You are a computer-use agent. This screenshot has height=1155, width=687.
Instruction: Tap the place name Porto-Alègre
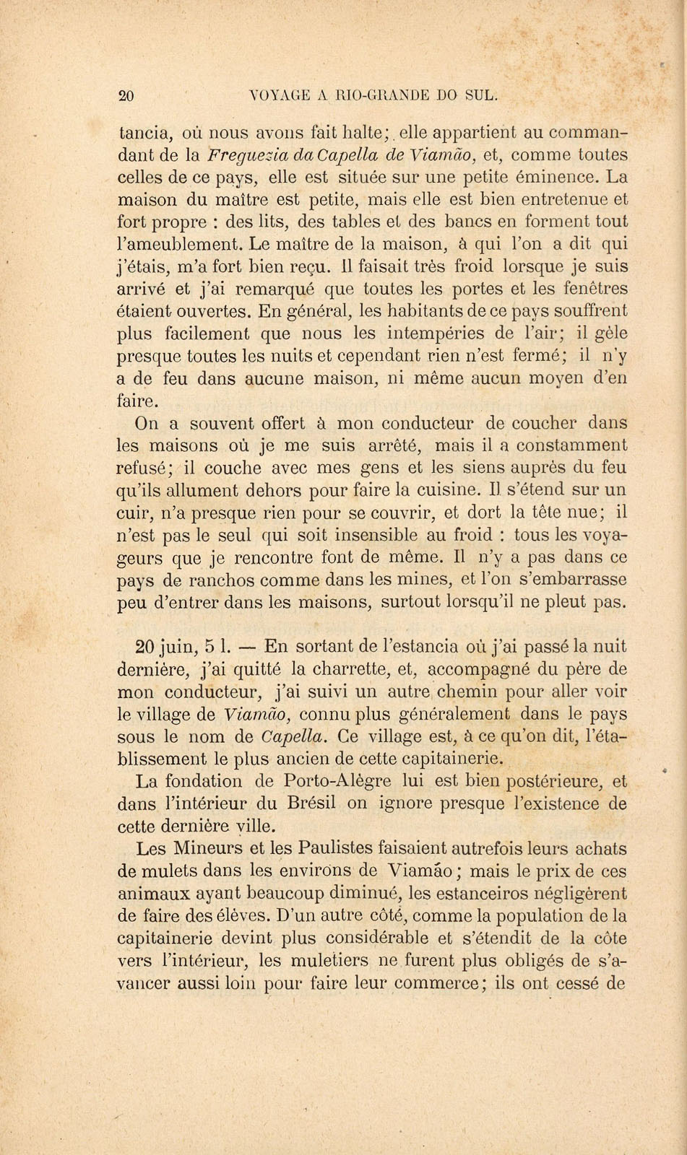(x=338, y=780)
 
